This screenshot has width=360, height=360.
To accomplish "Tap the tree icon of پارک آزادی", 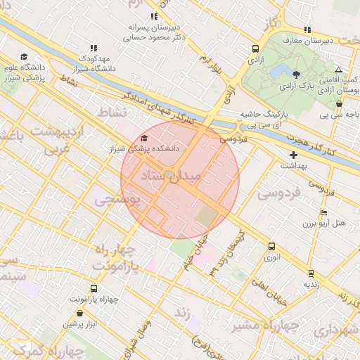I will (x=296, y=75).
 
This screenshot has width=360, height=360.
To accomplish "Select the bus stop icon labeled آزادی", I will (x=255, y=49).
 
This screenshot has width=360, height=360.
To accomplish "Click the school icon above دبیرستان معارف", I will (x=307, y=30).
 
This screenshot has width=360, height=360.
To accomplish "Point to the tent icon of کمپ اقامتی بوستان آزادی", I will (x=339, y=70).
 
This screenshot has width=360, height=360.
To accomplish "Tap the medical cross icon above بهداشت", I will (x=293, y=155).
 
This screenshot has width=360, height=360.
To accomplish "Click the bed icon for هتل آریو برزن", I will (x=323, y=212).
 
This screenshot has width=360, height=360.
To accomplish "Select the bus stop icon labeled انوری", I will (x=271, y=246).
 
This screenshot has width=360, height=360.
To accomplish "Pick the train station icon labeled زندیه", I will (x=310, y=273).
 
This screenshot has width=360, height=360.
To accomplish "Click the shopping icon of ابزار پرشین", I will (x=80, y=313).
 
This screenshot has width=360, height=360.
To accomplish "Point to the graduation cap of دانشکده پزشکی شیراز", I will (x=144, y=139).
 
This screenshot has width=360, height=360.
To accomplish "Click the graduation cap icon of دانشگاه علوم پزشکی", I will (x=24, y=57).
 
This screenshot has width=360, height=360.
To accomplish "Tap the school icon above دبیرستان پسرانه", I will (x=154, y=16).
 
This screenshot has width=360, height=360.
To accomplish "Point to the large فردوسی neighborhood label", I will (x=279, y=191).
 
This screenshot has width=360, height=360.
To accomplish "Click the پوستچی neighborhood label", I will (x=117, y=200).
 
